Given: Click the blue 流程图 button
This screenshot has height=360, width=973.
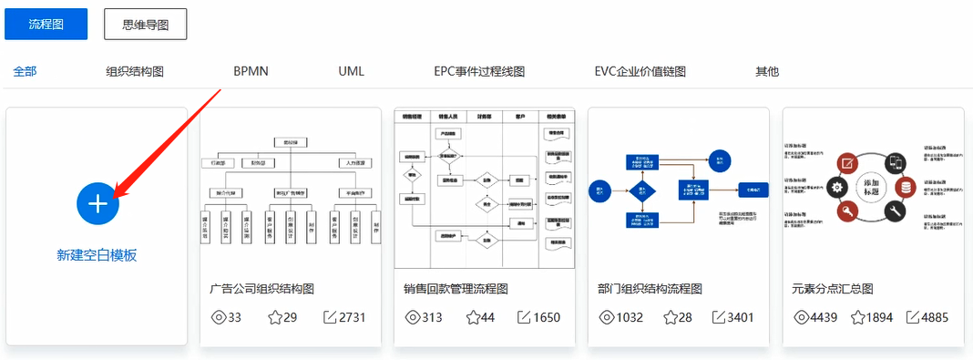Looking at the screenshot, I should tap(46, 25).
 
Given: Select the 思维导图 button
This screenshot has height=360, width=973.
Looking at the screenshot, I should tap(146, 25).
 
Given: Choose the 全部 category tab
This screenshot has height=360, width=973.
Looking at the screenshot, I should tap(26, 71).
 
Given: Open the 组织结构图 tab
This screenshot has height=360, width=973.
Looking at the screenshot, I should tap(135, 71).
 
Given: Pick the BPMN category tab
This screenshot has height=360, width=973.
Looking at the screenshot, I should tap(251, 71).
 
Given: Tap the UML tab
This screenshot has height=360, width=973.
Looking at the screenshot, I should tap(351, 71).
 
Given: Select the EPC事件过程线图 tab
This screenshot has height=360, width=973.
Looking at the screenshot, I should tap(479, 71).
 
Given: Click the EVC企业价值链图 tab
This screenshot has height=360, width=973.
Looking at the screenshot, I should tap(640, 71).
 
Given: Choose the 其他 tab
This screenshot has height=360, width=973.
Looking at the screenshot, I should tap(767, 71).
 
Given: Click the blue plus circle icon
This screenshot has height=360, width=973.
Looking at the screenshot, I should tap(97, 203).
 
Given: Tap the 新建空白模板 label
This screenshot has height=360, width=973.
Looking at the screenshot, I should tap(97, 255).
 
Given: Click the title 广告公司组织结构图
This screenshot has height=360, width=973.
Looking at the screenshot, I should tap(262, 289).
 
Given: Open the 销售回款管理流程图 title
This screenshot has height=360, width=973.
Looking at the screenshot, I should tap(456, 289).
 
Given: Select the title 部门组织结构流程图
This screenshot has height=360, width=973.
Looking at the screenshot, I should tap(650, 289).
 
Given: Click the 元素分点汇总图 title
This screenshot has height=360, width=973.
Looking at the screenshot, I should tap(834, 289).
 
